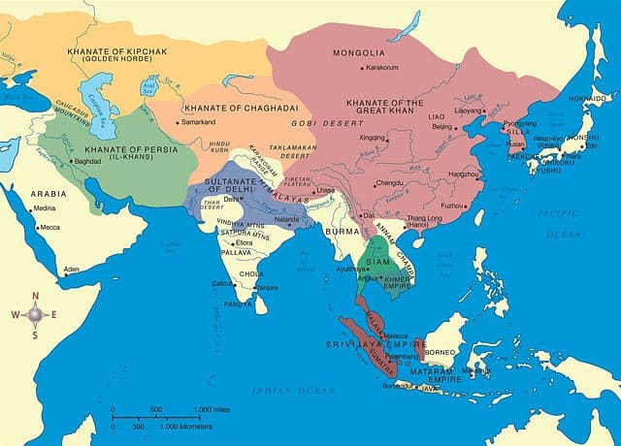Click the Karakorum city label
pyautogui.click(x=384, y=67)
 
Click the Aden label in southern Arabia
pyautogui.click(x=70, y=269)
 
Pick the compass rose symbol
pyautogui.click(x=36, y=313)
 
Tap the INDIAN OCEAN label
pyautogui.click(x=286, y=390)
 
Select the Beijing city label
pyautogui.click(x=442, y=126)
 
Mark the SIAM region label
pyautogui.click(x=377, y=260)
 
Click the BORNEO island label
pyautogui.click(x=447, y=339)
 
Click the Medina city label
pyautogui.click(x=45, y=208)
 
